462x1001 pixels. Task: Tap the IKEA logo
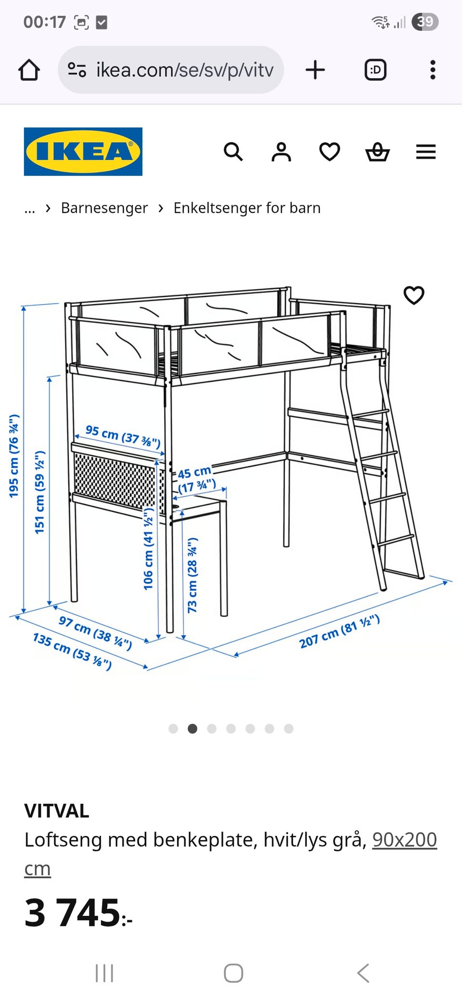(83, 152)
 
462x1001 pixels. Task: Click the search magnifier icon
(233, 152)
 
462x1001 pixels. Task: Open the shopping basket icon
(378, 152)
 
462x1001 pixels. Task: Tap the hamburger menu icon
(426, 152)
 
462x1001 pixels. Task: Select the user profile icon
(282, 152)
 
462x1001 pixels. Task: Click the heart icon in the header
(330, 152)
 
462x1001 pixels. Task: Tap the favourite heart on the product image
(414, 295)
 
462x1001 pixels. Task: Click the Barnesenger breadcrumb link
(104, 208)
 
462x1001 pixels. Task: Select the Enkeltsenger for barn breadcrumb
(247, 208)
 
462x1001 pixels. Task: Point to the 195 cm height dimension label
(14, 455)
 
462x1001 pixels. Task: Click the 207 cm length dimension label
(339, 631)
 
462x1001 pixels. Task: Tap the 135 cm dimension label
(73, 651)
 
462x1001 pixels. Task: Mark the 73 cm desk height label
(192, 575)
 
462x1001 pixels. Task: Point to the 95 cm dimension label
(123, 436)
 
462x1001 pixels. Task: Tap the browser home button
(29, 70)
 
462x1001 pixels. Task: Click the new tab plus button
(315, 70)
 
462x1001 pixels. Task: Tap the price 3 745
(78, 912)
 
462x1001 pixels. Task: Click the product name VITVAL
(57, 811)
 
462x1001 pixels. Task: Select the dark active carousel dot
(192, 729)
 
